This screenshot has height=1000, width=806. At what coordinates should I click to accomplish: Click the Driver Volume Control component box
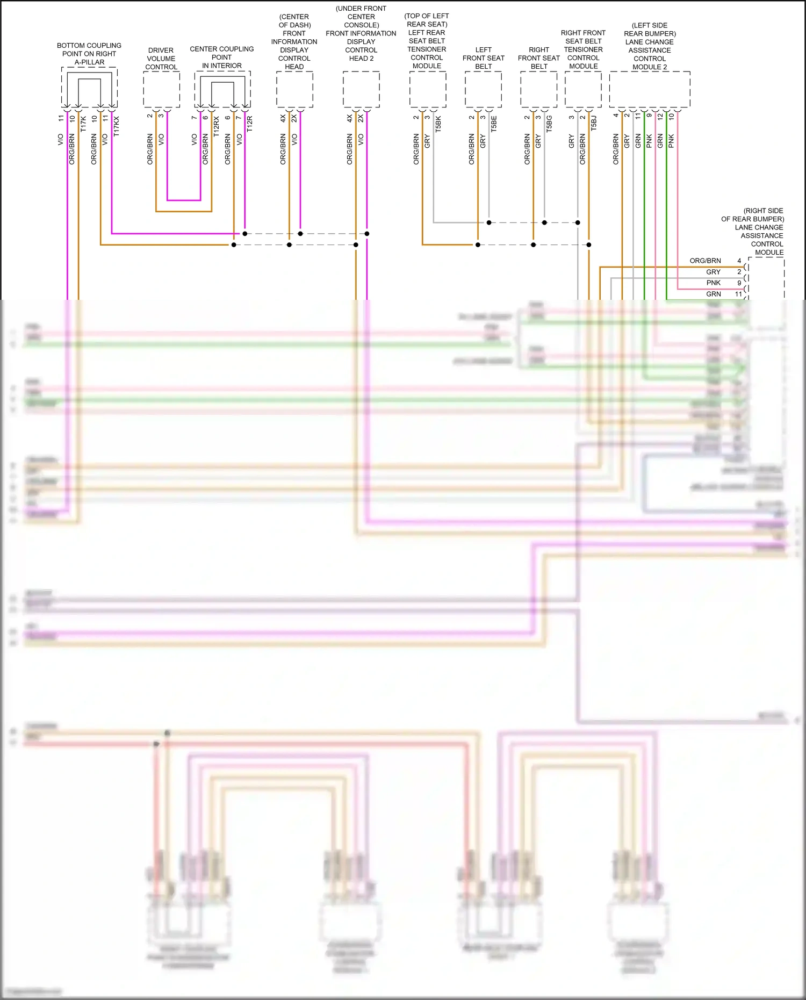coord(161,89)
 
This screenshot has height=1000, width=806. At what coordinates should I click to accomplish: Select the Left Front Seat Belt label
coord(484,58)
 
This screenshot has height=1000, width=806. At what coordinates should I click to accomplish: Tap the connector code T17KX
coord(117,126)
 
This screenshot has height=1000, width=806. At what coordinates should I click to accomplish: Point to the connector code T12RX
coord(217,126)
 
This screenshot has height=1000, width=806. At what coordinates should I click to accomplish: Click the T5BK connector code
coord(438,124)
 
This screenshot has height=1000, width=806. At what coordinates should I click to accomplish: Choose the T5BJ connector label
coord(594,123)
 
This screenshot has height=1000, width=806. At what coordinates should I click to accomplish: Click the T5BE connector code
coord(494,124)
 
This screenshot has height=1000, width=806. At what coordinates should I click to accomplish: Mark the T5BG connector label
coord(549,124)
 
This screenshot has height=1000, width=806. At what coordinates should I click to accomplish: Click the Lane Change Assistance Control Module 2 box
coord(650,89)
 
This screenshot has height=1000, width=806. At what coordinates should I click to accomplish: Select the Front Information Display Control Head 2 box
coord(361,89)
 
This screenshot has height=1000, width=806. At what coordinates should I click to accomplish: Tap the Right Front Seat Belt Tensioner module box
coord(583,89)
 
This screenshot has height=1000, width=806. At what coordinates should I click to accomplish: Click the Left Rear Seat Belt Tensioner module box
coord(428,89)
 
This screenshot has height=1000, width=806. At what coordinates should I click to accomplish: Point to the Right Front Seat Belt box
coord(539,89)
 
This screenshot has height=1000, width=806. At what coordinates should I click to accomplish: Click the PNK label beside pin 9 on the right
coord(714,283)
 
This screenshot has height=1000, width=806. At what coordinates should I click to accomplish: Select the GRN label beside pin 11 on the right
coord(714,294)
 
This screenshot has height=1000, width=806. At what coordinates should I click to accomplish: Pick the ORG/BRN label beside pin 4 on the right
coord(706,261)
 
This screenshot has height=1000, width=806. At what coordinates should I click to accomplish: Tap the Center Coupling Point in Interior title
coord(222,57)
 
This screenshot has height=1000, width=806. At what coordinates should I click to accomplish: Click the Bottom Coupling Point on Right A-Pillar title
coord(89,54)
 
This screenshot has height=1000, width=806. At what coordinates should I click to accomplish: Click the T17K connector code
coord(83,124)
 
